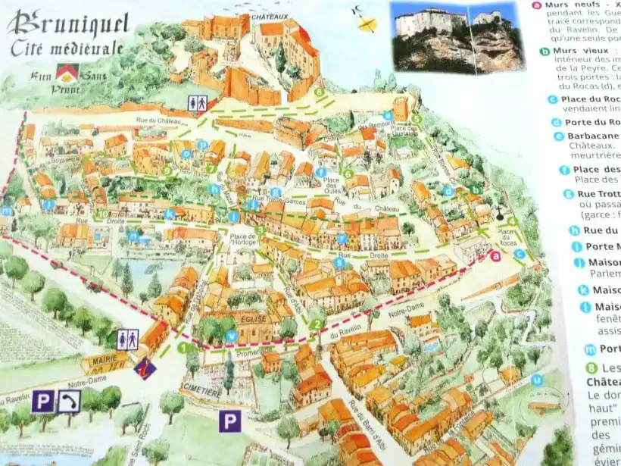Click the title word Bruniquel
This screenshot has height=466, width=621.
68,24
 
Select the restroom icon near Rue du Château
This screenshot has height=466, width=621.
197,103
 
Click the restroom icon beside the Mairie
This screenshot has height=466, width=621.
127,339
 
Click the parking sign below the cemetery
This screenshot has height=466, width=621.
229,420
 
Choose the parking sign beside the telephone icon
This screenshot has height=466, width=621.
42,401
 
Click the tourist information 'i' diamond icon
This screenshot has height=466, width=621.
145,369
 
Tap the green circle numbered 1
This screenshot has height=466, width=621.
182,348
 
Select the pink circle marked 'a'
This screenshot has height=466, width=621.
496,256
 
